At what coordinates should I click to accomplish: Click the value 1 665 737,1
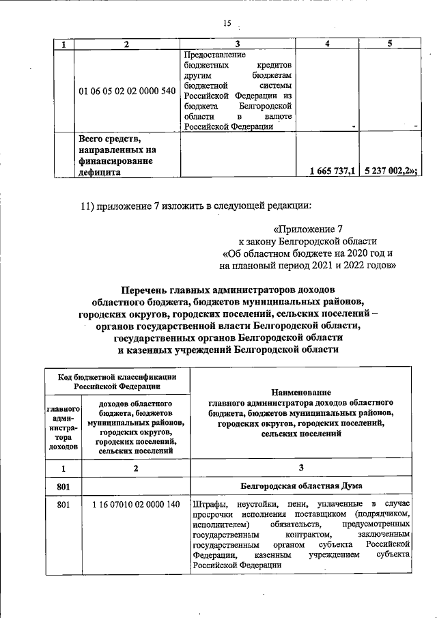(x=332, y=171)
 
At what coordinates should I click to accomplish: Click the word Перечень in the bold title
(x=145, y=289)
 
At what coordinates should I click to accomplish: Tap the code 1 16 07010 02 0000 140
(x=135, y=505)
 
